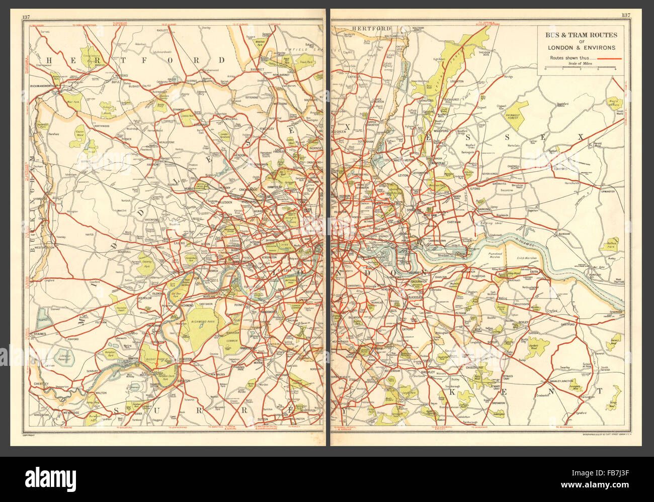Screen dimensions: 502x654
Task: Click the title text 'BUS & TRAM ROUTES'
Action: coord(582,35)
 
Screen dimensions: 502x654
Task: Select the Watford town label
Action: coord(121,76)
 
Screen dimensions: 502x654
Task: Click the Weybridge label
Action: coord(69,413)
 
